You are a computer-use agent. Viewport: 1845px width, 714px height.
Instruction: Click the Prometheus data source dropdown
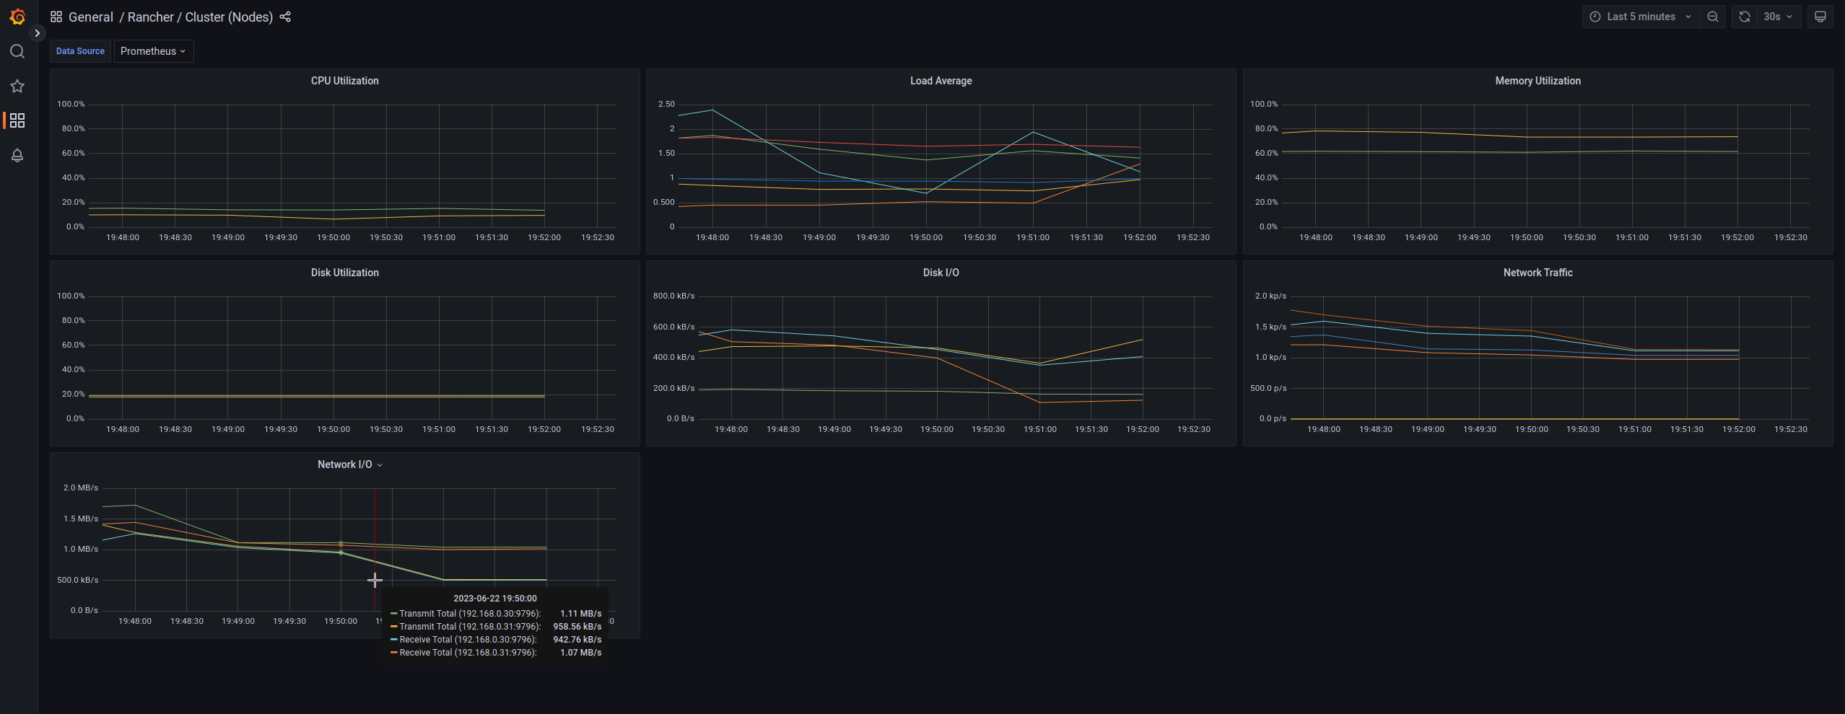point(153,51)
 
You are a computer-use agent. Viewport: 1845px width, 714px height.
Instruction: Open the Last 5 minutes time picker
point(1641,17)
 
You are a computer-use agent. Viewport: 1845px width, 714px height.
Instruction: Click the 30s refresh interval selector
point(1777,17)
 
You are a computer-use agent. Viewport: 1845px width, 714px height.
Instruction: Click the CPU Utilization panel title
point(344,81)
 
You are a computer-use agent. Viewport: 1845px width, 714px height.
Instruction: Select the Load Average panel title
point(941,81)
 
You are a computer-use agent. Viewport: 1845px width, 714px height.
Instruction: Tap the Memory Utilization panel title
point(1537,81)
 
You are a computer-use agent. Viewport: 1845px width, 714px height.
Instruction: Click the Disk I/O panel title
point(941,273)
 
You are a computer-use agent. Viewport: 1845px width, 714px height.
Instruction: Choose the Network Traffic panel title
point(1537,273)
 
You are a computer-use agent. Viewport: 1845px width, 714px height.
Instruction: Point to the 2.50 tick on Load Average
point(666,105)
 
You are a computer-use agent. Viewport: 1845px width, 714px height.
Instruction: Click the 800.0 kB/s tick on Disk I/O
point(673,296)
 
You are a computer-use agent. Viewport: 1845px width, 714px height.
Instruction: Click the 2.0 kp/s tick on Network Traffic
point(1270,296)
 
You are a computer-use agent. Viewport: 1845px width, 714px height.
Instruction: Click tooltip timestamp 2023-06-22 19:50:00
point(494,599)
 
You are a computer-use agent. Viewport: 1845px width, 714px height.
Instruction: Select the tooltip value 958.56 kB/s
point(577,627)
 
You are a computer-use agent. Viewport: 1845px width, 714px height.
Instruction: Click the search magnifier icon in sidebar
point(17,51)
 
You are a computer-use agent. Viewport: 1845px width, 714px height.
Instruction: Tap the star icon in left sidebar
point(17,87)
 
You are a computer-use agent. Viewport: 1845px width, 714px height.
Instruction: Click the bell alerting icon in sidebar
point(17,155)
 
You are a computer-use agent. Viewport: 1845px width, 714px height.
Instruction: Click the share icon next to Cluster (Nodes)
point(285,17)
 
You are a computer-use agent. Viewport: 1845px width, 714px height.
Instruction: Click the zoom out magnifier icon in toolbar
point(1712,17)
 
